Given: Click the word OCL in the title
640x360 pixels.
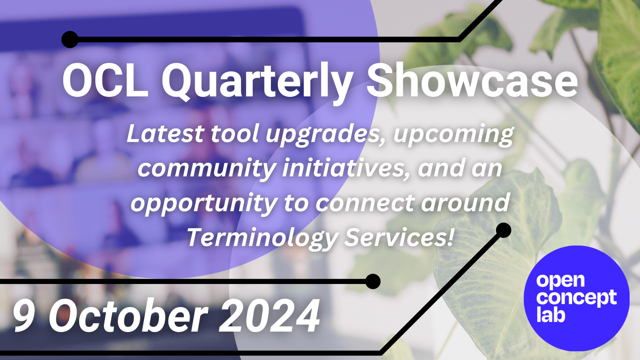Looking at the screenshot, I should pos(105,81).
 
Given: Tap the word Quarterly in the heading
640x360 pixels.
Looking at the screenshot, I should pos(256,82).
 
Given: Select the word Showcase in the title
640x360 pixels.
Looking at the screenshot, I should pos(472,81).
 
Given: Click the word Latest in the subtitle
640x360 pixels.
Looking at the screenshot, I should pos(165,134).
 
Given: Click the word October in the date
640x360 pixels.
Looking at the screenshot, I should pos(128,316).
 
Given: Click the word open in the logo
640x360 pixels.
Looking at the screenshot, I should pos(560,281).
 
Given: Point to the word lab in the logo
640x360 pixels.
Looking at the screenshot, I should pos(550,315).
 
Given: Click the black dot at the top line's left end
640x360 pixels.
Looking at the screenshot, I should pos(70,39).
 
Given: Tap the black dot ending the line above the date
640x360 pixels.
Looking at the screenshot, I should pos(373,282).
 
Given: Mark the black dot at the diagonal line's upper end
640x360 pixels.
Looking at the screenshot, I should pos(503,230).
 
